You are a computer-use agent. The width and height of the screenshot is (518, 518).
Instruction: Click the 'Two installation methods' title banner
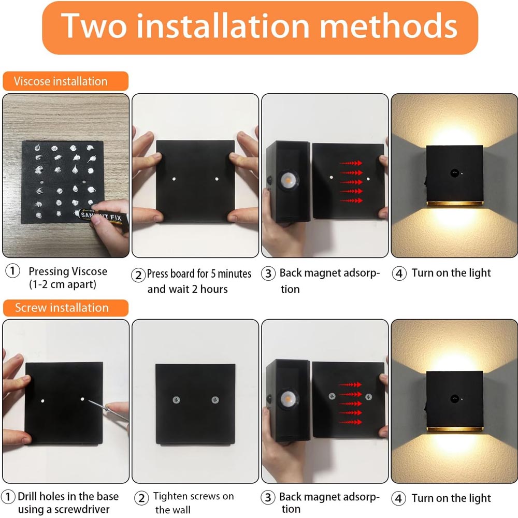(x=260, y=27)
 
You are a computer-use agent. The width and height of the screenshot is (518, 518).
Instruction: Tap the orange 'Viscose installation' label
(x=65, y=81)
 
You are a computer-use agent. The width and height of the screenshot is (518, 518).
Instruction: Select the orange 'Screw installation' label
(x=65, y=308)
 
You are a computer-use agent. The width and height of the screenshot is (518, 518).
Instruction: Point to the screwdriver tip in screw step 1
(x=89, y=401)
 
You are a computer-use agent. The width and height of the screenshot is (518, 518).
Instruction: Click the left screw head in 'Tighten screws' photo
(x=177, y=400)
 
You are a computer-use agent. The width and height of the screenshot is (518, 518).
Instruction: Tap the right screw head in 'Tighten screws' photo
(x=215, y=400)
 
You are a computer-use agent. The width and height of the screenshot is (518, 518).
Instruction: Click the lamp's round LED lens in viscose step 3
(x=287, y=180)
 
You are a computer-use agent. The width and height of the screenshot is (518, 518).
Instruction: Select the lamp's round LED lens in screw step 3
(x=287, y=399)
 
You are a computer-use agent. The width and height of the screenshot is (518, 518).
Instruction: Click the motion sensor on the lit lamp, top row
(x=454, y=173)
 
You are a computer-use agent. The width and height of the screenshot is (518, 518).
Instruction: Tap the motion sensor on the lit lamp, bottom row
(x=454, y=398)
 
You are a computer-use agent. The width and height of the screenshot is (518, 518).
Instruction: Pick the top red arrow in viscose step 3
(x=351, y=163)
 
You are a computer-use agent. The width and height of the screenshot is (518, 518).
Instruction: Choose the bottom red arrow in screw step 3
(x=351, y=422)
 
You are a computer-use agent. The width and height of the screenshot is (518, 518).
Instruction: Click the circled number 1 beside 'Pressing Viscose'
(x=12, y=271)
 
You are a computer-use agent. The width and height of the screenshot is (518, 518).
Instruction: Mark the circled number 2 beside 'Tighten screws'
(x=142, y=498)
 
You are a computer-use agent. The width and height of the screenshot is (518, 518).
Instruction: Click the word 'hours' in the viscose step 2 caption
(x=214, y=289)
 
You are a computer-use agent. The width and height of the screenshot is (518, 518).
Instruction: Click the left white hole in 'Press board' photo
(x=174, y=179)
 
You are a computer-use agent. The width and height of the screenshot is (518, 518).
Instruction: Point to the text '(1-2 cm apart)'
(x=63, y=284)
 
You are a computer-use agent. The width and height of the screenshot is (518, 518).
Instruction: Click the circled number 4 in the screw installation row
(x=399, y=498)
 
